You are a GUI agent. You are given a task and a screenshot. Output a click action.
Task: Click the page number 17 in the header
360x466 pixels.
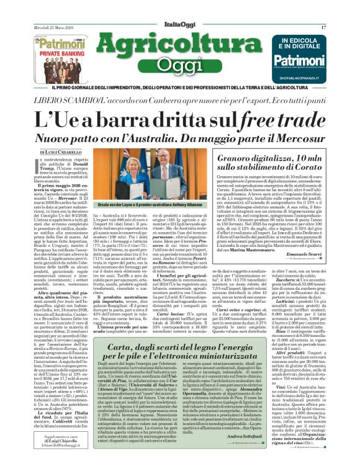coord(323,27)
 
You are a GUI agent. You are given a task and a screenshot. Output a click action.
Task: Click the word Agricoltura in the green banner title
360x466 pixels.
coord(180,45)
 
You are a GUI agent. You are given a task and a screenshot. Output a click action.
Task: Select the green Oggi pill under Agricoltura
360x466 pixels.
coord(179,65)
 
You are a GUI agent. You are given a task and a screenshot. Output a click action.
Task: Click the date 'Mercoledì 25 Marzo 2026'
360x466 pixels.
coord(54,28)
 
